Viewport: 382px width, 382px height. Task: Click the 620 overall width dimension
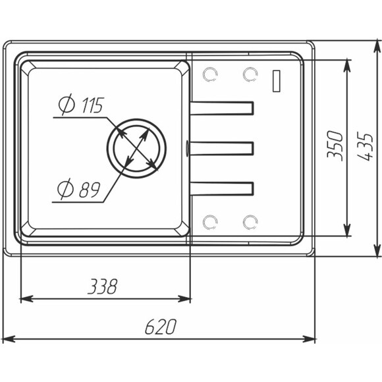(x=160, y=327)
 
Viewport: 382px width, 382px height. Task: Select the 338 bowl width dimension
(x=102, y=286)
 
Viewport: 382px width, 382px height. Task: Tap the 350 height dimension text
(x=335, y=146)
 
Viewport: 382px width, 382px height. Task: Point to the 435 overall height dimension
(x=365, y=146)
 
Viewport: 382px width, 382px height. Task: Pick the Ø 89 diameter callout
(x=78, y=189)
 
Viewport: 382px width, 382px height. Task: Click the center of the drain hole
(x=136, y=148)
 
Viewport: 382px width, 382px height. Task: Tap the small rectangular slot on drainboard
(x=276, y=81)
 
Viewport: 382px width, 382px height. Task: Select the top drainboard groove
(x=222, y=108)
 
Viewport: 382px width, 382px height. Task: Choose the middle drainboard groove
(x=222, y=148)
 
